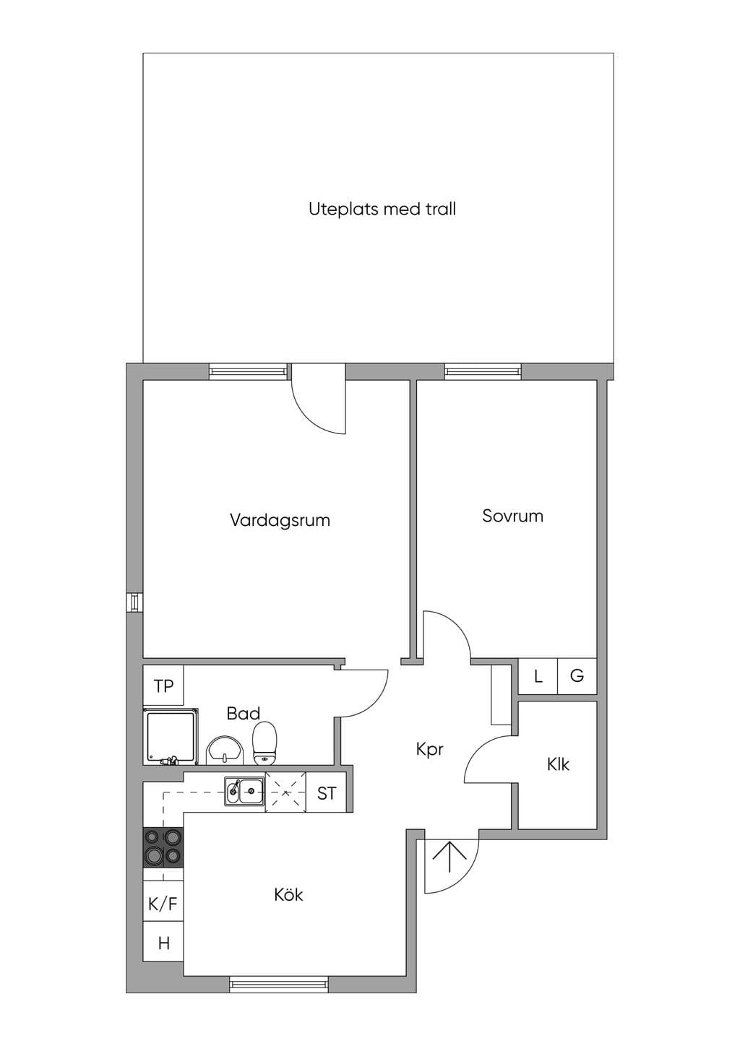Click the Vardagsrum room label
[280, 520]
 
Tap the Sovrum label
[512, 516]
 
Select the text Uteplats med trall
[382, 209]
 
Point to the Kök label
[288, 895]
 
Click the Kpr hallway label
[429, 751]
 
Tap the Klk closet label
[559, 764]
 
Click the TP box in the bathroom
[163, 686]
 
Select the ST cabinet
[326, 793]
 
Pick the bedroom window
[483, 371]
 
